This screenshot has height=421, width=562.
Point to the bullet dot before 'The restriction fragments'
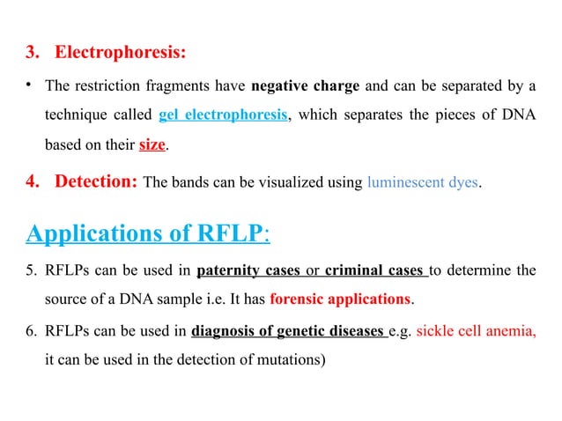[29, 85]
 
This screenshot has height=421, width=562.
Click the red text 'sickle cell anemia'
[474, 331]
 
